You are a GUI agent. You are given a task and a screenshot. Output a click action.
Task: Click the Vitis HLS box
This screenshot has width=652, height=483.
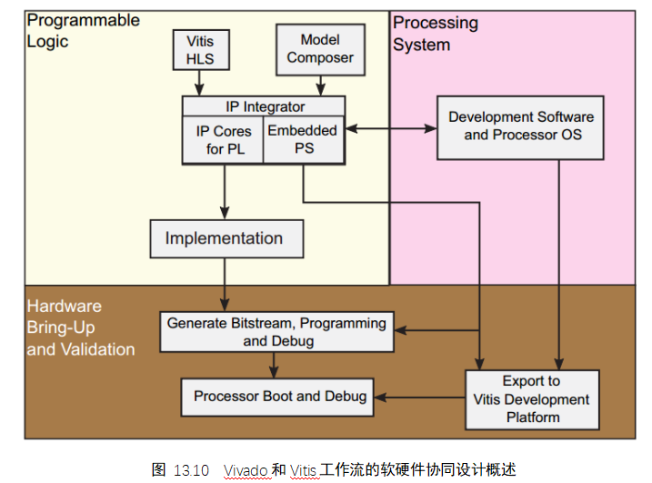pyautogui.click(x=200, y=49)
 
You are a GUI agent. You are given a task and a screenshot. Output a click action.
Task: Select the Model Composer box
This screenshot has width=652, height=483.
pyautogui.click(x=320, y=48)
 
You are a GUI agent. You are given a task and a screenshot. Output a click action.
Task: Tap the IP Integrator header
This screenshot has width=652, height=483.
pyautogui.click(x=265, y=106)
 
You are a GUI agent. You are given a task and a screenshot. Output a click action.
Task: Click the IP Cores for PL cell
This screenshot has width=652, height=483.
pyautogui.click(x=222, y=139)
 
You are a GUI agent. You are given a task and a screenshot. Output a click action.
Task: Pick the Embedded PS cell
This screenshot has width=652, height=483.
pyautogui.click(x=303, y=139)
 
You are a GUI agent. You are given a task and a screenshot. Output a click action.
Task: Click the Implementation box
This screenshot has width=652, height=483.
pyautogui.click(x=224, y=239)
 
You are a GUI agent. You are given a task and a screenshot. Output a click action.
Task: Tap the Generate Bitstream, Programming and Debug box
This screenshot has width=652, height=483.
pyautogui.click(x=276, y=331)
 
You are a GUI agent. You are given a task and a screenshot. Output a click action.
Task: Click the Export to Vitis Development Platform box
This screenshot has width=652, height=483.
pyautogui.click(x=532, y=398)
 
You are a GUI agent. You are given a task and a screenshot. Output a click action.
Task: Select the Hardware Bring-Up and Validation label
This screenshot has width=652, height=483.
pyautogui.click(x=81, y=327)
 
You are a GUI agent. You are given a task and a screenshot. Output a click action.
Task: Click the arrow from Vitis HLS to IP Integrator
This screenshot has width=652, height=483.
pyautogui.click(x=200, y=83)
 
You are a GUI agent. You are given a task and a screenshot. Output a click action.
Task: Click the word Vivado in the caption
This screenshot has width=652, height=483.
pyautogui.click(x=246, y=470)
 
